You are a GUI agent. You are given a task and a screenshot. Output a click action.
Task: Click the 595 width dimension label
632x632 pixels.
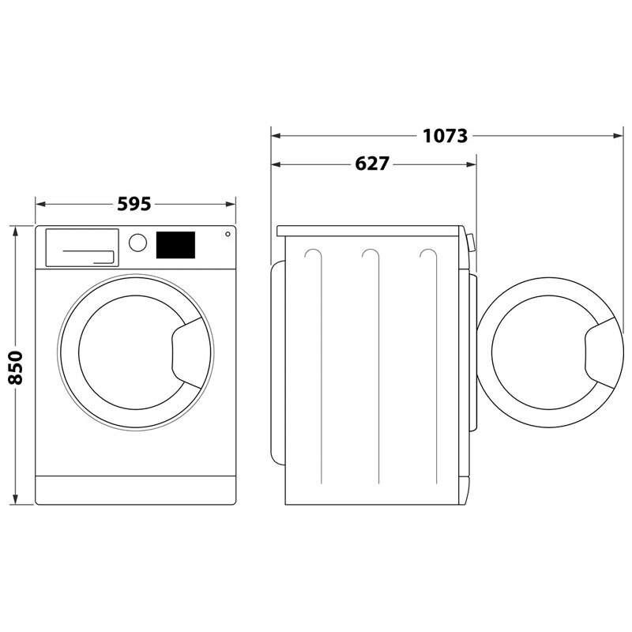134,204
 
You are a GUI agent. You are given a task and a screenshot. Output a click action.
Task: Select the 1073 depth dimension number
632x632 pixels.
445,136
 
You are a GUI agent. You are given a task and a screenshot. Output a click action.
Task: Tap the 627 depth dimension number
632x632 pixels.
372,164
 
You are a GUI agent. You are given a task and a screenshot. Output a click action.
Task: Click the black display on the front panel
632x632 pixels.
175,244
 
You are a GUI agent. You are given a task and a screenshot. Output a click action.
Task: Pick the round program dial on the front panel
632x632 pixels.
137,243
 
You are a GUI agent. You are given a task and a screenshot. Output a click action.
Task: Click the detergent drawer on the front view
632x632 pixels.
81,247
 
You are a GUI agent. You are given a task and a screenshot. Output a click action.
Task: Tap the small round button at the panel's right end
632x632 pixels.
228,235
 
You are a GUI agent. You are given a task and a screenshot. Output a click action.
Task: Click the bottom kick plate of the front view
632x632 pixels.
136,490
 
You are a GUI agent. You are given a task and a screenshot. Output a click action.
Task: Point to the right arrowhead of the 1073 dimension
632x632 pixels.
619,136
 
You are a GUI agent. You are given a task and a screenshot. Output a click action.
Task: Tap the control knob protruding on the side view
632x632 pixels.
471,242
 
